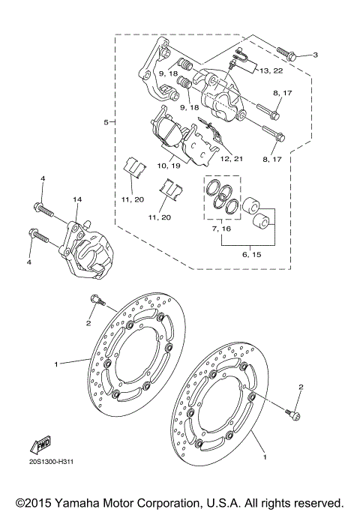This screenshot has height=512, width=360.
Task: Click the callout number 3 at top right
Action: coord(315,55)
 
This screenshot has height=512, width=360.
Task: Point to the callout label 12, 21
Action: coord(232,160)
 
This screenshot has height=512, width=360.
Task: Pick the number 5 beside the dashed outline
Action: coord(106,121)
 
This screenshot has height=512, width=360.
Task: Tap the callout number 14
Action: coord(76,199)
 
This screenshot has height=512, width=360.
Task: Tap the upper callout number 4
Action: coord(43,178)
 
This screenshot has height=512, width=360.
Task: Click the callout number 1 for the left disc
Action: coord(55,364)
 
